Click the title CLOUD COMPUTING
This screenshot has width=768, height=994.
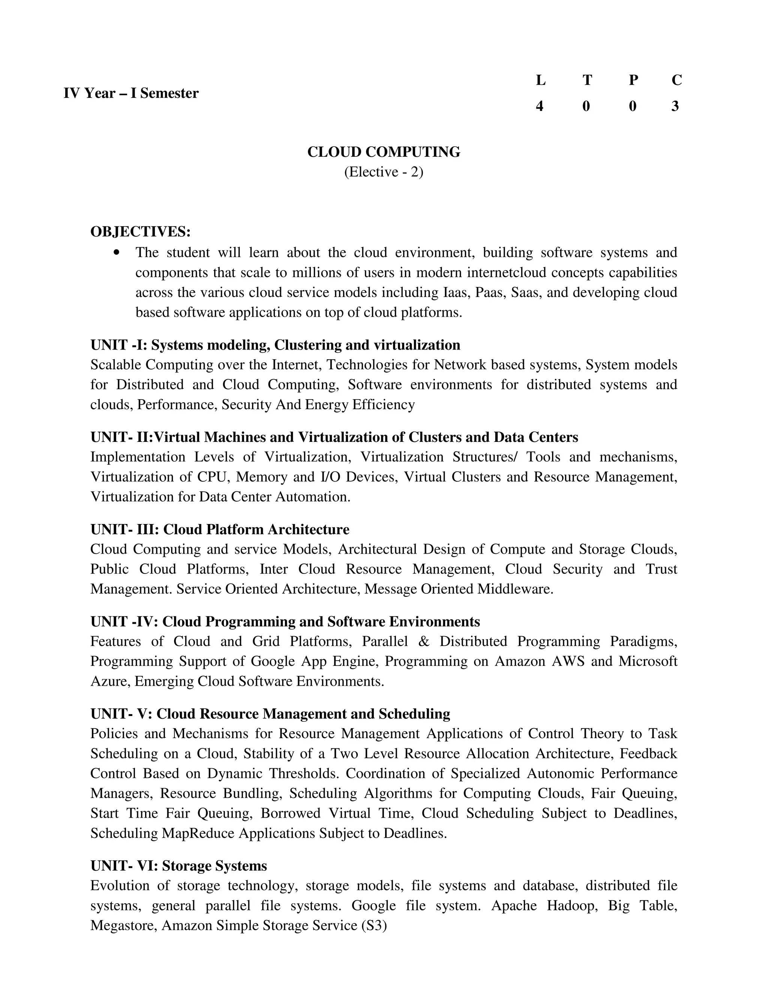tap(384, 152)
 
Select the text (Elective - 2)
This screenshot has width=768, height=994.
tap(384, 172)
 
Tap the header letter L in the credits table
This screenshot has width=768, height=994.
tap(540, 81)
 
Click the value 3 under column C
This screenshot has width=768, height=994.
tap(675, 107)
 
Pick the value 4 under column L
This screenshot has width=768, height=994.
tap(540, 107)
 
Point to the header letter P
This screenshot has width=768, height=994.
tap(633, 81)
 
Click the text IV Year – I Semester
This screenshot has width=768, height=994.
tap(131, 93)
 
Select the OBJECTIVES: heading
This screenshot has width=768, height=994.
tap(141, 232)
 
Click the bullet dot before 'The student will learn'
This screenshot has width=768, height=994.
tap(117, 252)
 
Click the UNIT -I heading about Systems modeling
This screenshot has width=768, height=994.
tap(275, 345)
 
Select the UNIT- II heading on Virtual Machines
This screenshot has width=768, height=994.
tap(334, 437)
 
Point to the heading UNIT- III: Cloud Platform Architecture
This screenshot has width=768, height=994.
tap(220, 530)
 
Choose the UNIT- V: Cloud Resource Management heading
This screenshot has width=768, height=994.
tap(270, 714)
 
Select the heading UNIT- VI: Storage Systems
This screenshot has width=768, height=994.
tap(179, 866)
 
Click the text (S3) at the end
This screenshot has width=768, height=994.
tap(373, 925)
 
